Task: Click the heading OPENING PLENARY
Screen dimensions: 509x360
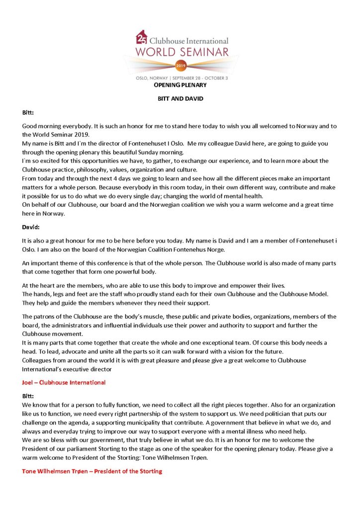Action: (x=180, y=85)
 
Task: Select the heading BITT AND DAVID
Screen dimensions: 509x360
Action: (x=180, y=99)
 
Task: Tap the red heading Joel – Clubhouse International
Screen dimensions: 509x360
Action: (x=64, y=382)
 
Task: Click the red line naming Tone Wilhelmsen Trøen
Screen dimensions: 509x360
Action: (x=92, y=471)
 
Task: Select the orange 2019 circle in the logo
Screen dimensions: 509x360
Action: (x=180, y=65)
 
